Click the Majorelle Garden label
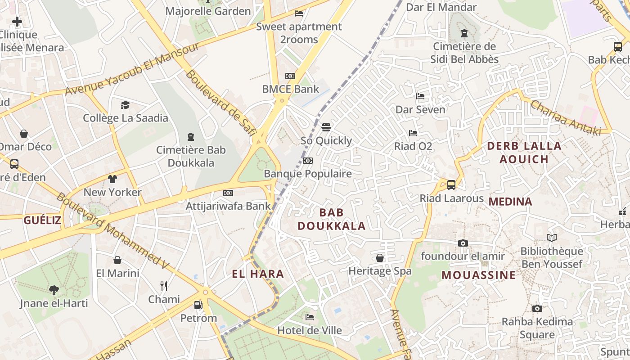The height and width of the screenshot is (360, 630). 208,11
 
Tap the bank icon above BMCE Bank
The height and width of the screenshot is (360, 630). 290,76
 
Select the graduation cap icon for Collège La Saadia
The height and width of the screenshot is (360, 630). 125,105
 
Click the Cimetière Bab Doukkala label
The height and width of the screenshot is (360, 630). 191,156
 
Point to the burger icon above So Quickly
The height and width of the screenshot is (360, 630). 326,127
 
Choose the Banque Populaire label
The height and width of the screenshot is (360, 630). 308,174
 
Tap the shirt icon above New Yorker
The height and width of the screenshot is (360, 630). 112,179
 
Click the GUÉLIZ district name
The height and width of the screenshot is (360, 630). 42,220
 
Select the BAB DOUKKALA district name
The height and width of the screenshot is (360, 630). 332,219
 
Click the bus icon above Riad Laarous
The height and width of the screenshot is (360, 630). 451,185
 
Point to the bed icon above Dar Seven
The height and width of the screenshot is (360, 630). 420,96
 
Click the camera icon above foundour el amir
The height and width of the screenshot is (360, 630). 463,243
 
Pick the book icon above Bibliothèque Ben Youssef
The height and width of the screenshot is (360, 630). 552,238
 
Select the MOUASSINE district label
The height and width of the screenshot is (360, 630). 478,275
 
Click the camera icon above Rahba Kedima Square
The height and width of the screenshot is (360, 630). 537,309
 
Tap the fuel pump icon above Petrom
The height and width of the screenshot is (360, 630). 198,305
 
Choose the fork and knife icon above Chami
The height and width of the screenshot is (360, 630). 164,286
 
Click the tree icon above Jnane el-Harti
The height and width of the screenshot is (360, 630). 54,290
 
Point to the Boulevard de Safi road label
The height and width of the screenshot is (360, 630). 220,103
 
